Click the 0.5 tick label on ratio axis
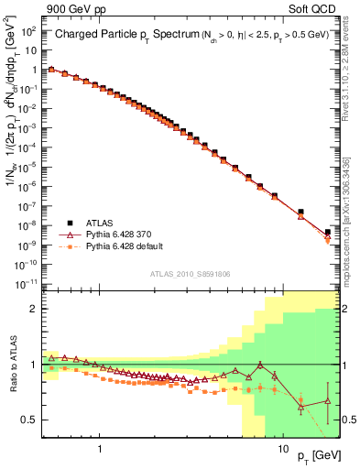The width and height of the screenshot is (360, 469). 30,420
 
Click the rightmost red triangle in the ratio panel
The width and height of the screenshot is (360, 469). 328,401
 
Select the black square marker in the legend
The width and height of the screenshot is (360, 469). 70,223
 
